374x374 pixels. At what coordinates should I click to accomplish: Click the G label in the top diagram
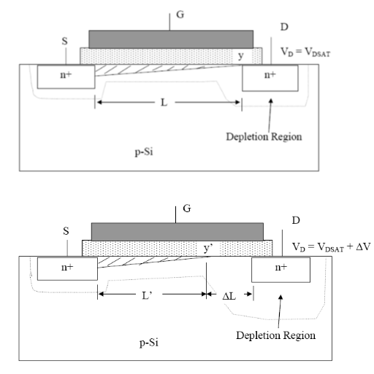[180, 15]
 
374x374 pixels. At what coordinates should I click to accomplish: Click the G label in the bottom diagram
[187, 209]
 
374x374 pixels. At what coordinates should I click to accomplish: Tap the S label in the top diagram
[64, 41]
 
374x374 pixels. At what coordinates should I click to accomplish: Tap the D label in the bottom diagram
[296, 220]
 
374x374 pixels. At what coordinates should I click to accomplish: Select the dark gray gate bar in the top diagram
[171, 39]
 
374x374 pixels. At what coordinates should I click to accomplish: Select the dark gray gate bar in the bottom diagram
[178, 232]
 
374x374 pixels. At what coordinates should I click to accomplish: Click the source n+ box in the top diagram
[66, 77]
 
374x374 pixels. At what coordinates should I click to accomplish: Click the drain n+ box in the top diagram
[270, 78]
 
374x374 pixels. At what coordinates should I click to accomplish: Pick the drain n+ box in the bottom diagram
[280, 270]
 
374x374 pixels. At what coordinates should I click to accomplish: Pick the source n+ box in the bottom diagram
[67, 269]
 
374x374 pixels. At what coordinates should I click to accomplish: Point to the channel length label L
[164, 103]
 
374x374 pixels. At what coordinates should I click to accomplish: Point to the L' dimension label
[147, 295]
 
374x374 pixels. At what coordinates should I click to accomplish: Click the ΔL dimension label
[229, 296]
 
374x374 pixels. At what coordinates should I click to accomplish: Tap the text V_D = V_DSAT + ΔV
[331, 247]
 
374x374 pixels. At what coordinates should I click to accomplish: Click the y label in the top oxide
[240, 56]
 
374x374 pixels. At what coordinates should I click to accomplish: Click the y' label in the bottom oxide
[208, 249]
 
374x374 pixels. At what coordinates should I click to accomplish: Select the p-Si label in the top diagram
[144, 152]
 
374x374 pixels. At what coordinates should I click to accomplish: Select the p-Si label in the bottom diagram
[149, 343]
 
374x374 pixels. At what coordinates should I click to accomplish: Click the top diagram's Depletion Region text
[264, 136]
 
